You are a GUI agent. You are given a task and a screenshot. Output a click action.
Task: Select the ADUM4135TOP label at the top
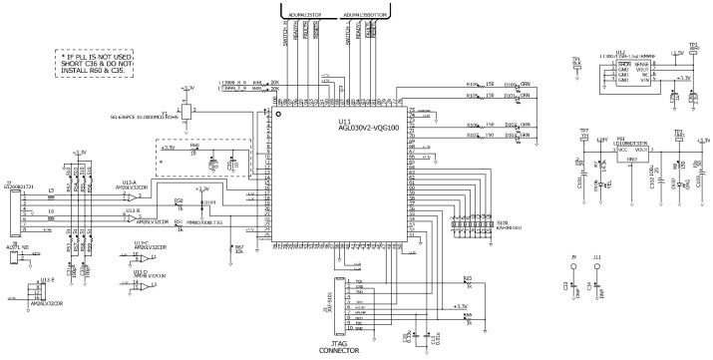pos(302,16)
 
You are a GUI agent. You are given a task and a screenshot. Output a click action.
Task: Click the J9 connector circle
pos(573,268)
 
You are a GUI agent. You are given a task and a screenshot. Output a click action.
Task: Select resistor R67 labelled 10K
pos(231,249)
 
